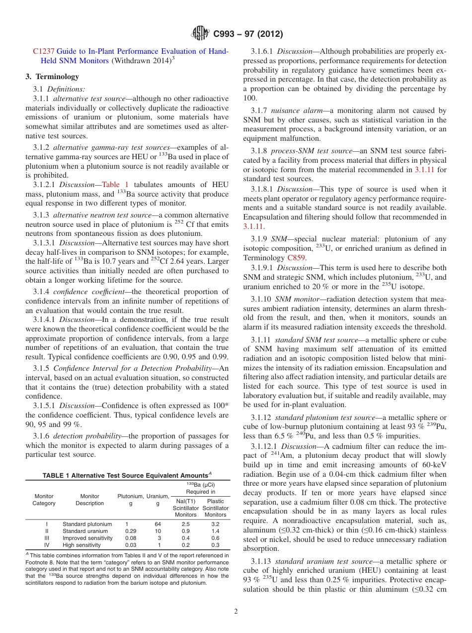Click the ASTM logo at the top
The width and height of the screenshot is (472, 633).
[200, 34]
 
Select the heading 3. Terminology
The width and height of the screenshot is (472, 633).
[52, 77]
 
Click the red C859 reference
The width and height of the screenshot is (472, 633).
[297, 258]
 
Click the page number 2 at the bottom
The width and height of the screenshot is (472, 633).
[236, 612]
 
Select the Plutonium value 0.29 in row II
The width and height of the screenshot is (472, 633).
[131, 531]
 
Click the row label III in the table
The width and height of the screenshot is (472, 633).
[46, 538]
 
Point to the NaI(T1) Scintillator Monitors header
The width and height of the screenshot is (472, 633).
[185, 508]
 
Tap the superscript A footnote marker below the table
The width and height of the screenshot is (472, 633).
[27, 553]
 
